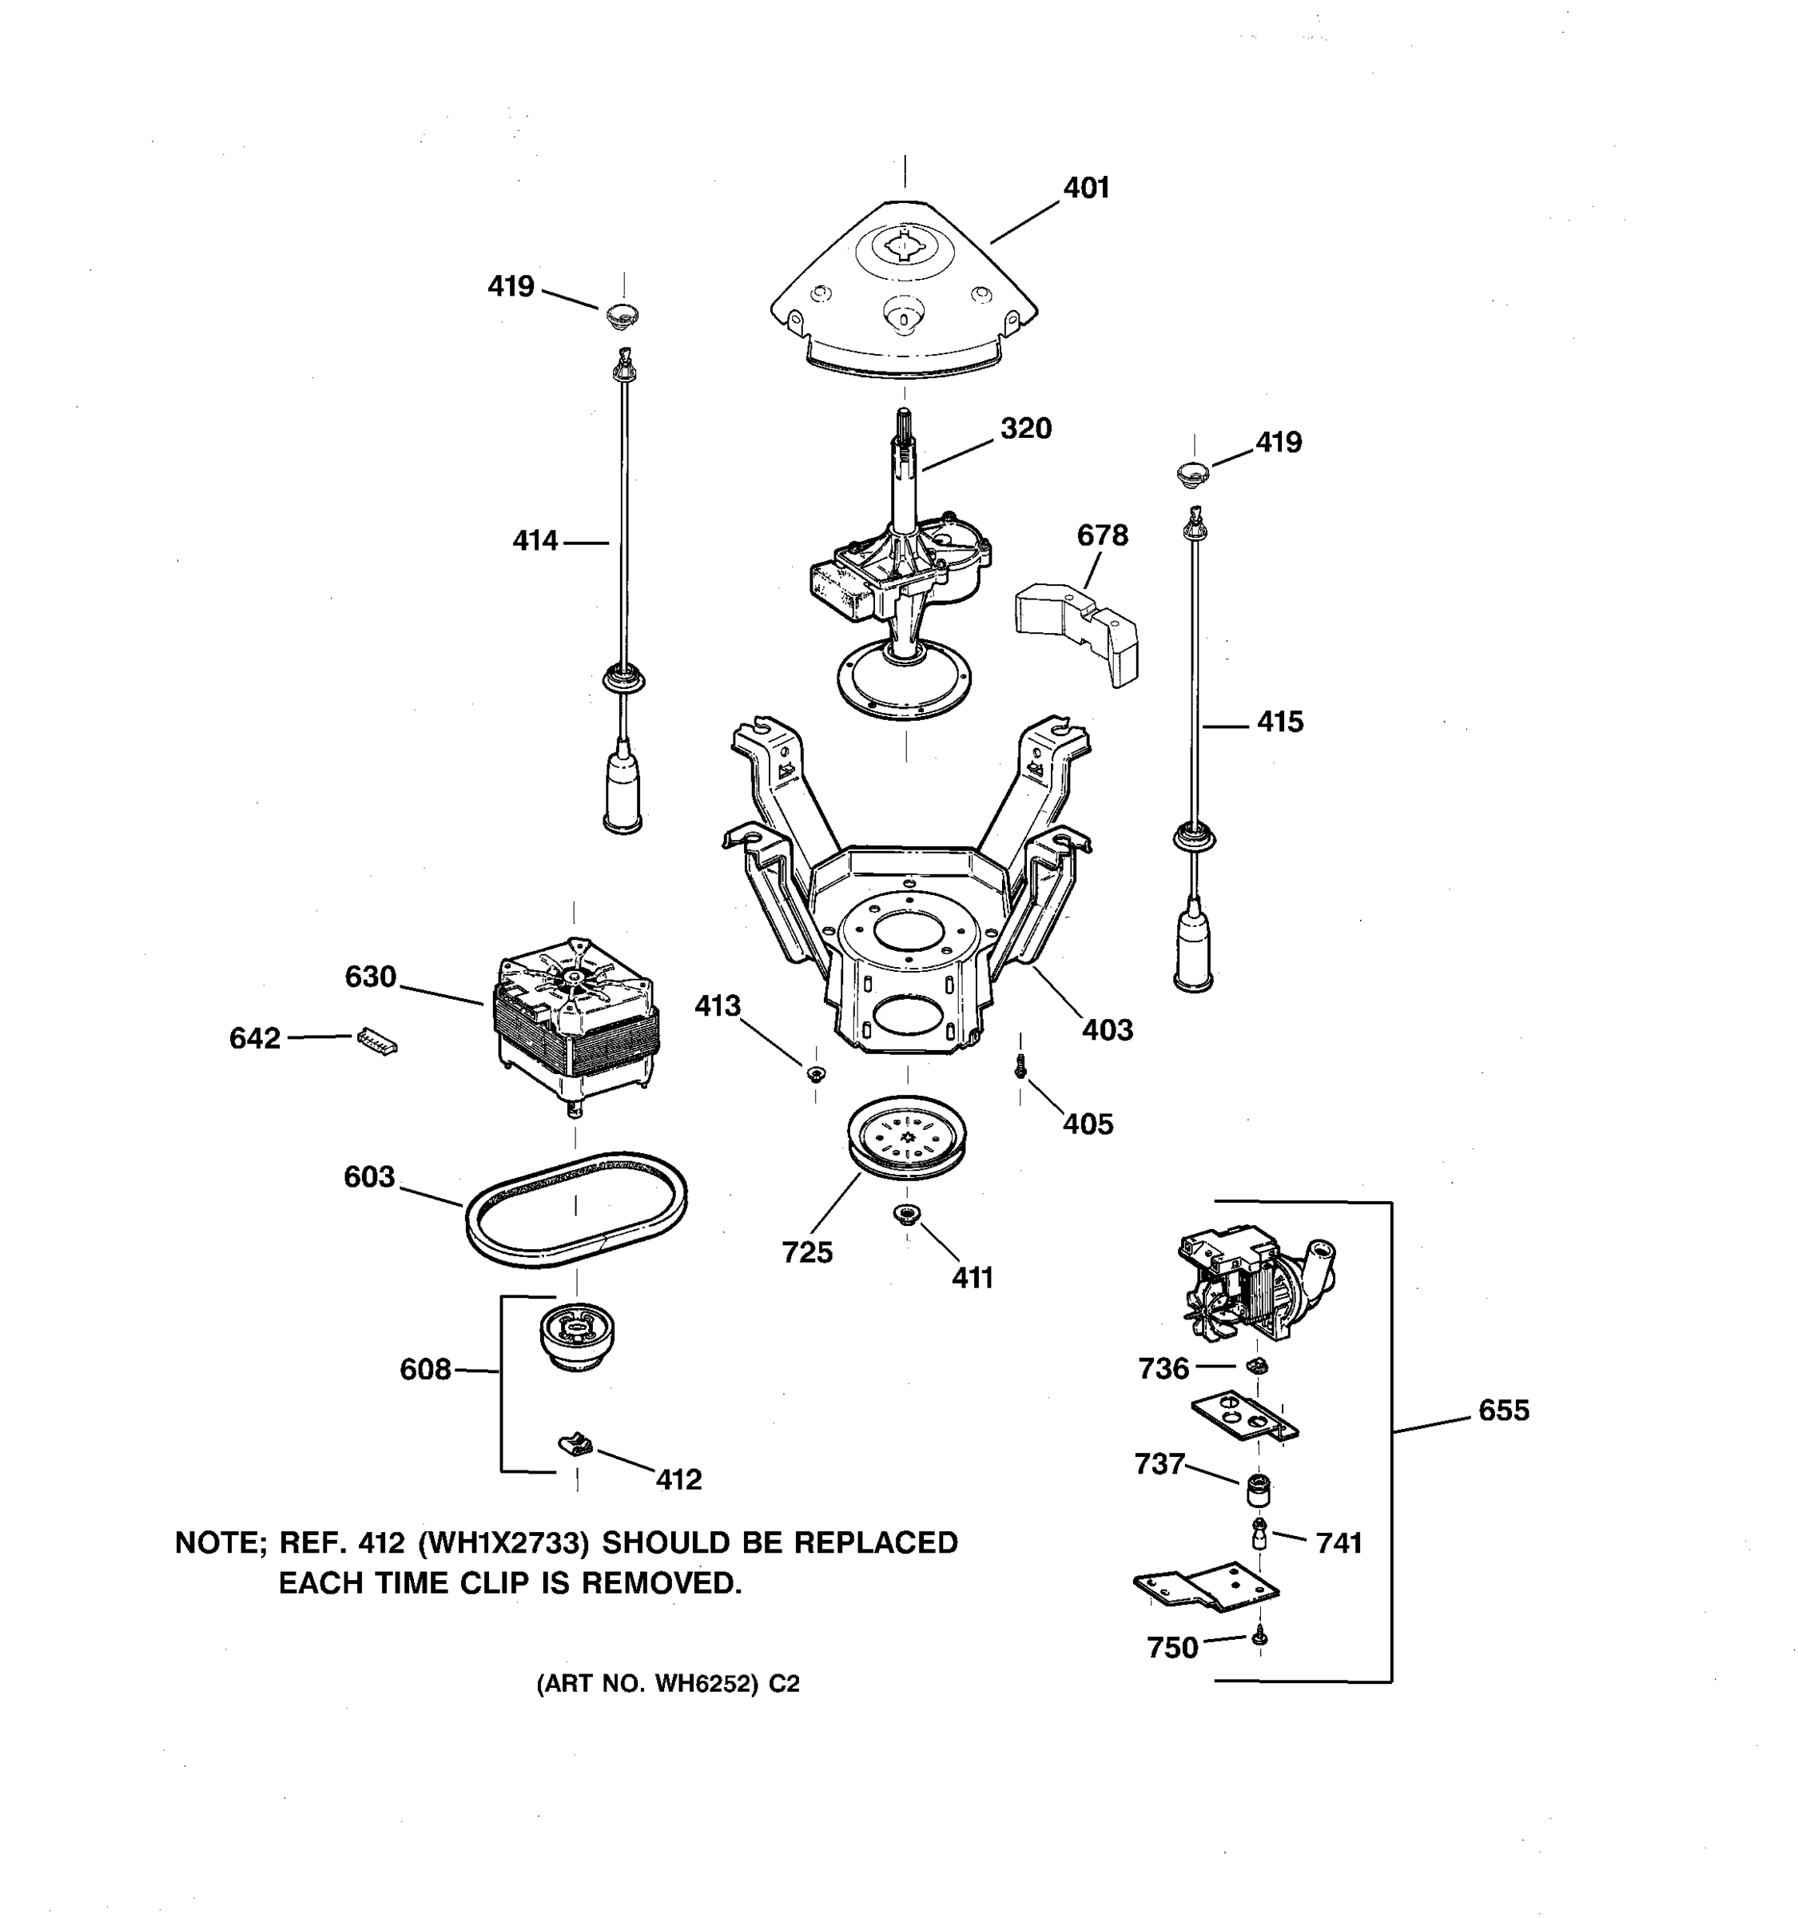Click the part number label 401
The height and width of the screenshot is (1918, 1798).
coord(1086,187)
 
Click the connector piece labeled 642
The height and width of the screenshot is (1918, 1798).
coord(377,1040)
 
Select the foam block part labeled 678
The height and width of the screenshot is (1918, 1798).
coord(1076,631)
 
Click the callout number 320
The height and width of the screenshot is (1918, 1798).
coord(1025,428)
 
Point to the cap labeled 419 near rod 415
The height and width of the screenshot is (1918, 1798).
coord(1194,474)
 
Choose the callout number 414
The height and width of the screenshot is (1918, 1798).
coord(535,541)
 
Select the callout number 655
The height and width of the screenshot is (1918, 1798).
coord(1504,1411)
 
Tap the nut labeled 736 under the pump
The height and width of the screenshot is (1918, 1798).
coord(1257,1365)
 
